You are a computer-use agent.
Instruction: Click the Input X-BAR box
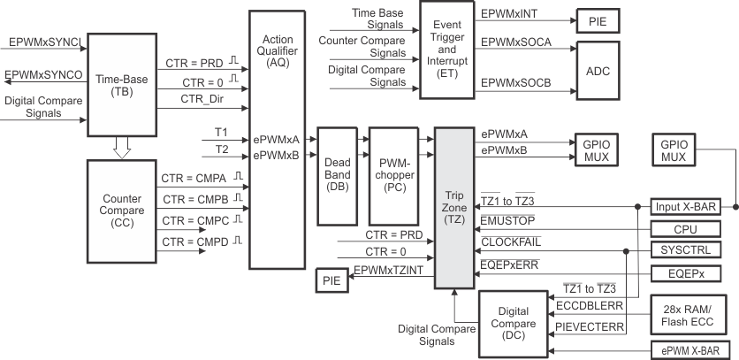coord(685,206)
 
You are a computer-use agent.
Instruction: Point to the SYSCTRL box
coord(685,250)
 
